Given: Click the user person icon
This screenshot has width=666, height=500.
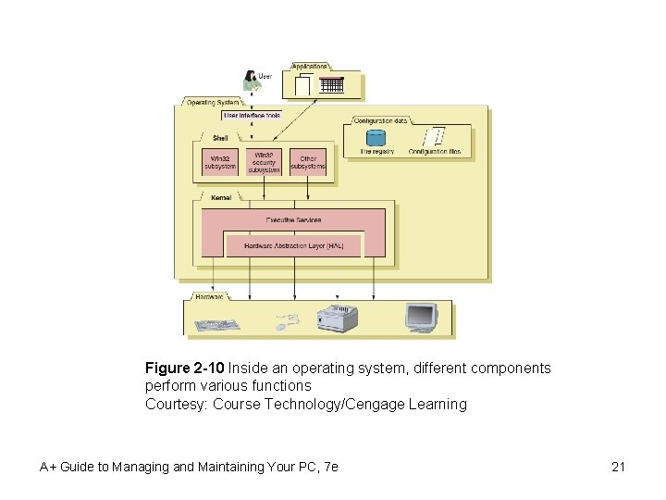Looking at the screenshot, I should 249,80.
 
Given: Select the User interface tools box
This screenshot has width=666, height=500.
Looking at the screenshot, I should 252,116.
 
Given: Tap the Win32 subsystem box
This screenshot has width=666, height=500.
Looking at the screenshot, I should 219,162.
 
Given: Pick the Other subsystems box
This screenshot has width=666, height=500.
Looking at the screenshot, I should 308,162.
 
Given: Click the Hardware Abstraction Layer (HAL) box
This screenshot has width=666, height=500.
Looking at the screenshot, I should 293,245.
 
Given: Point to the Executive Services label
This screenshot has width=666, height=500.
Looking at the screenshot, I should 293,219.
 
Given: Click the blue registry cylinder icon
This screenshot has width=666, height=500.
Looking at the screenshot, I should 376,137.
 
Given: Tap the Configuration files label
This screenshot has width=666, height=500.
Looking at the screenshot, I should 434,151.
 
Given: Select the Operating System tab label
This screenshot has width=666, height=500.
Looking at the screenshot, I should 213,102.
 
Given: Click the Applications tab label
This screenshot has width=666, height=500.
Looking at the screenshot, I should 310,67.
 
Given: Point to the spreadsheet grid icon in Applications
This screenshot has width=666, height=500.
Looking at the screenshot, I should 332,85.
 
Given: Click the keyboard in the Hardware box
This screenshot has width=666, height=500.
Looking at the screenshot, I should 217,325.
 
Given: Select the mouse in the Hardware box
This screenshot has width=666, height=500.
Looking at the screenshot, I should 288,322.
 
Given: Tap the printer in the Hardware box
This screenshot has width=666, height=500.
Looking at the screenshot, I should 337,318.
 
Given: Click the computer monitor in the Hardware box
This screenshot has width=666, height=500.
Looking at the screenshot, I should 421,317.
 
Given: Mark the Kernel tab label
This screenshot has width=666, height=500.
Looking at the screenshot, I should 221,197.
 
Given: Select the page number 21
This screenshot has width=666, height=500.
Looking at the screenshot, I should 618,467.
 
